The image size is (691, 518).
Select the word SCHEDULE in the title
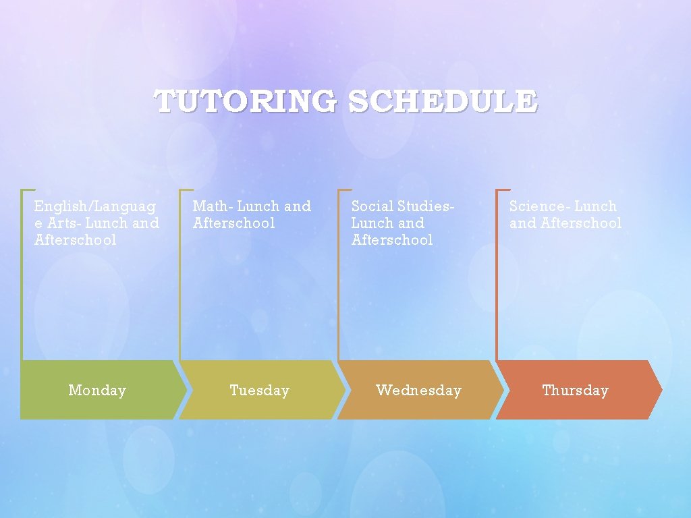[443, 102]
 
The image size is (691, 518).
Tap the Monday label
[97, 391]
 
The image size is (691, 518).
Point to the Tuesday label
[259, 391]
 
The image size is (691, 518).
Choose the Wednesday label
[418, 391]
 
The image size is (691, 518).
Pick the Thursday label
[575, 391]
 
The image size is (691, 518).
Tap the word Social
[372, 206]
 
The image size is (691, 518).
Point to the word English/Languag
[95, 206]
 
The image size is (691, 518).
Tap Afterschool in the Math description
[234, 223]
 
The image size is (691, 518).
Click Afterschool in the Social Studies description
[392, 240]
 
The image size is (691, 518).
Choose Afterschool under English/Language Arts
[76, 240]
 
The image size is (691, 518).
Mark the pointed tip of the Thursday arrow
[661, 390]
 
